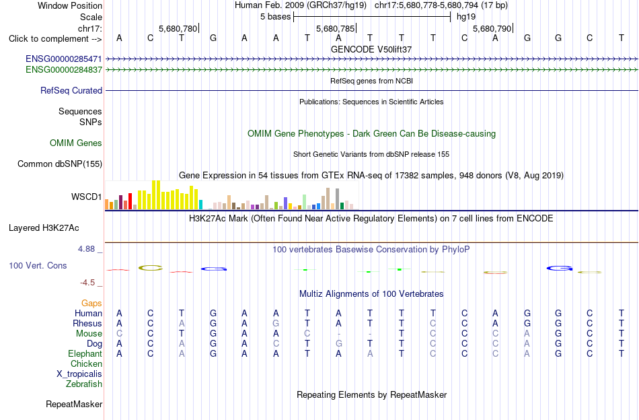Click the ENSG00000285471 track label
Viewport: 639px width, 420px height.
click(x=64, y=59)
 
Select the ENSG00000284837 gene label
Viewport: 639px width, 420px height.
click(x=64, y=70)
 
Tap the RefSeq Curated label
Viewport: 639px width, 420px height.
click(x=71, y=90)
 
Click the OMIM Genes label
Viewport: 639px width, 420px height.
click(x=76, y=143)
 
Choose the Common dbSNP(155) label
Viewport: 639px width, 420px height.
click(x=60, y=164)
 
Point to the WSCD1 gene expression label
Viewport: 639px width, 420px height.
click(x=86, y=197)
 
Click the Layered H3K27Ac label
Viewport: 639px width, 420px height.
click(x=44, y=228)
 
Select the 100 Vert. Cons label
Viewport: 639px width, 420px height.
click(x=38, y=265)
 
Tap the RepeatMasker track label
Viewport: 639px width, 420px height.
click(x=74, y=404)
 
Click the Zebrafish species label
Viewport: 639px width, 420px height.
click(x=84, y=384)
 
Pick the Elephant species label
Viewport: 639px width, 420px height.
click(x=85, y=354)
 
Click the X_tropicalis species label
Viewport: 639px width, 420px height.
click(x=79, y=374)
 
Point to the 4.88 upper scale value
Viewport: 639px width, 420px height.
click(x=86, y=249)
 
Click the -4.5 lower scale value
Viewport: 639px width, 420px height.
click(x=87, y=283)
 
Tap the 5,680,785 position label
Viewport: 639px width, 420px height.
click(x=336, y=28)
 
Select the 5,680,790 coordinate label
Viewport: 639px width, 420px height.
click(x=492, y=28)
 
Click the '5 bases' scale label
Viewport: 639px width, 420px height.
click(x=276, y=17)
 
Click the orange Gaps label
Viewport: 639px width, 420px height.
click(x=91, y=303)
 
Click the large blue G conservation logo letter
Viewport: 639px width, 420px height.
click(x=559, y=268)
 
